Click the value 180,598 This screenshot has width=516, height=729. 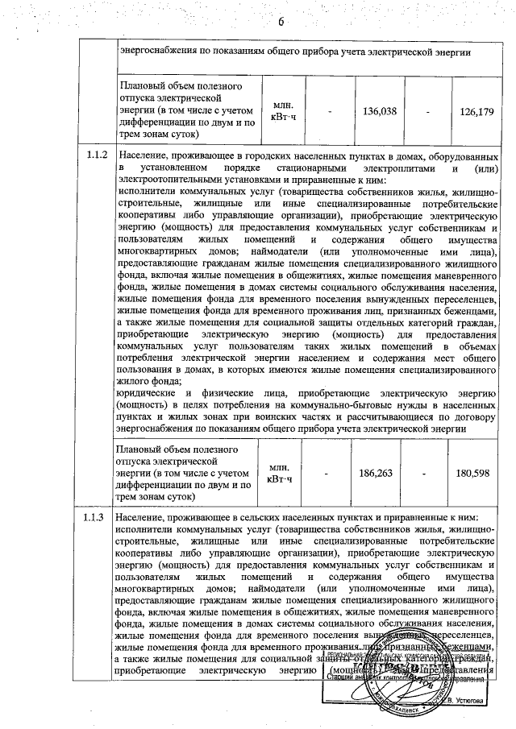pos(472,473)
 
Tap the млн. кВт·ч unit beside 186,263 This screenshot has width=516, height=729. pos(283,473)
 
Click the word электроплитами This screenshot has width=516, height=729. pos(391,167)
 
